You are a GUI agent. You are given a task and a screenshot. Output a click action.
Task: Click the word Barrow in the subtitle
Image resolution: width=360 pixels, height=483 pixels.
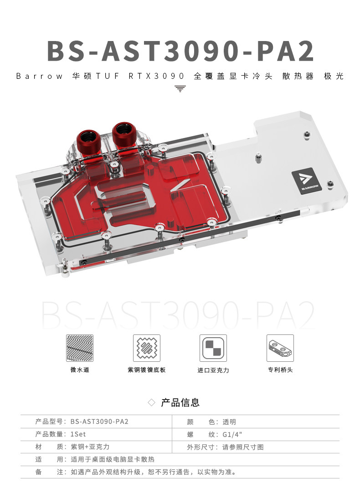pyautogui.click(x=39, y=76)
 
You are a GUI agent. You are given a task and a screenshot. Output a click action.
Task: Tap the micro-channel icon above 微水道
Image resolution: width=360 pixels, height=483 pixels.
pyautogui.click(x=80, y=348)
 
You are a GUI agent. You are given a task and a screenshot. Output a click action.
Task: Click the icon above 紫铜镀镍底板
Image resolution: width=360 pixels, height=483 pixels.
pyautogui.click(x=147, y=348)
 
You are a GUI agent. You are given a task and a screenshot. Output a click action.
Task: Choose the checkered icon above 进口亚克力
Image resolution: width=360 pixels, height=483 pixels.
pyautogui.click(x=213, y=348)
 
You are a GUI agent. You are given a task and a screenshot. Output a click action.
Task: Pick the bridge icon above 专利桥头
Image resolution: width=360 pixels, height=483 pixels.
pyautogui.click(x=280, y=348)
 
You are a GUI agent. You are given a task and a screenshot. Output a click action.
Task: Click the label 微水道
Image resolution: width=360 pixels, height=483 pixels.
pyautogui.click(x=80, y=370)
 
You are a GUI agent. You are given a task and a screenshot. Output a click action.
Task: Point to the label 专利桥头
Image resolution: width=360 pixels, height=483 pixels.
pyautogui.click(x=280, y=370)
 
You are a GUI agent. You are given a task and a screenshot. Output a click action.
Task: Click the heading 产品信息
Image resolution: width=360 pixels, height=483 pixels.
pyautogui.click(x=180, y=402)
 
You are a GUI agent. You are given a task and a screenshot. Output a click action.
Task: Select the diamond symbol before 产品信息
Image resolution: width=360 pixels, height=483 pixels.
pyautogui.click(x=152, y=403)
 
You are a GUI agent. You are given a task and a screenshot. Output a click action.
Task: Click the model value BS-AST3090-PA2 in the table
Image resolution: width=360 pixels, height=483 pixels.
pyautogui.click(x=99, y=422)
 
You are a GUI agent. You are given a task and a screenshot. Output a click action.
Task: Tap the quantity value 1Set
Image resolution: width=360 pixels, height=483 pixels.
pyautogui.click(x=78, y=434)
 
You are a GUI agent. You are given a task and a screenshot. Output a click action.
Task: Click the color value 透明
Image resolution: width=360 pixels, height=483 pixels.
pyautogui.click(x=229, y=422)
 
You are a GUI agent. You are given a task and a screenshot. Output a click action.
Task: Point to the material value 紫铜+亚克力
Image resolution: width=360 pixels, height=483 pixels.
pyautogui.click(x=90, y=447)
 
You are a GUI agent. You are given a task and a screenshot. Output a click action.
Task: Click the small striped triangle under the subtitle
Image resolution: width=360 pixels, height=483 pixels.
pyautogui.click(x=180, y=88)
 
